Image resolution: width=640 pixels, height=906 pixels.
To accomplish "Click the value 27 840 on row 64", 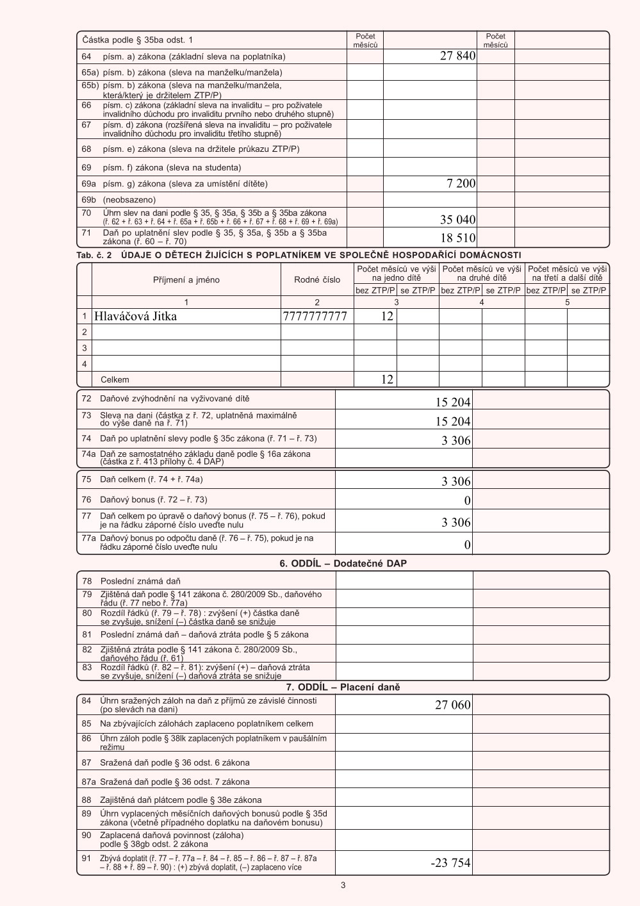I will tap(457, 56).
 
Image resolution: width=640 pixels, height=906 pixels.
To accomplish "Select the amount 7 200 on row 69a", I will tap(461, 184).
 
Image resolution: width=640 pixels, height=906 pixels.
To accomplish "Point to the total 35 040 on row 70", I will tap(457, 220).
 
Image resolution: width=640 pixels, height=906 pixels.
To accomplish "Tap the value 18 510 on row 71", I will tap(457, 238).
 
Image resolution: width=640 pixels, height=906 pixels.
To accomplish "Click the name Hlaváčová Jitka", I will tap(135, 317).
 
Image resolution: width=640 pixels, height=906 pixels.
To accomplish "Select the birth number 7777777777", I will tap(315, 317).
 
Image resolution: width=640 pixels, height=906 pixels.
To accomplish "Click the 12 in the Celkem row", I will tap(387, 379).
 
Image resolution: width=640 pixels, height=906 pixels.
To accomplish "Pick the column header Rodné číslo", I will tap(317, 280).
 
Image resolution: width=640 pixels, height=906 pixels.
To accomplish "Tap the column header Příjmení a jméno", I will tap(186, 280).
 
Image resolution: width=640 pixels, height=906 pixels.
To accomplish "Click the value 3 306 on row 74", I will tap(455, 441).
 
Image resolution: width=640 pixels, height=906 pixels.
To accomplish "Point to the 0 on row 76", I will tap(467, 500).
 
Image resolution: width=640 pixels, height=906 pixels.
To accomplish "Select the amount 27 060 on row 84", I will tap(452, 705).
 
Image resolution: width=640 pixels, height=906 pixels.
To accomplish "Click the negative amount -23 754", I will tap(450, 863).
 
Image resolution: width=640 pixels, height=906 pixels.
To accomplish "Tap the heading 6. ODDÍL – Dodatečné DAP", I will tap(343, 564).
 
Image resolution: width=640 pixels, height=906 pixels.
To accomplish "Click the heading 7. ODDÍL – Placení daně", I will tap(343, 688).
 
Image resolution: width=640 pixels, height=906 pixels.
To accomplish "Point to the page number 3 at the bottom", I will tap(343, 885).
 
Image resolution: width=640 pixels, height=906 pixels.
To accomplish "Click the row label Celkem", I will tap(115, 380).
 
